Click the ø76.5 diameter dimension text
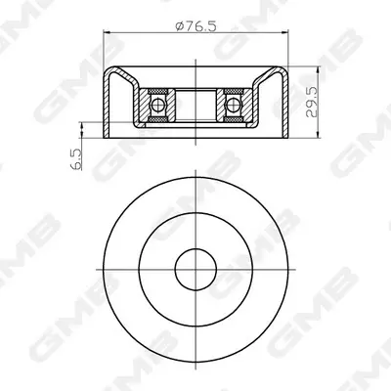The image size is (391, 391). pyautogui.click(x=195, y=26)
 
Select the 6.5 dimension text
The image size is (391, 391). pyautogui.click(x=75, y=159)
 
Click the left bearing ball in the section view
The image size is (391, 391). pyautogui.click(x=158, y=105)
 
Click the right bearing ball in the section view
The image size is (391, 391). pyautogui.click(x=233, y=105)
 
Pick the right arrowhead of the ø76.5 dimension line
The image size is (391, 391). pyautogui.click(x=284, y=32)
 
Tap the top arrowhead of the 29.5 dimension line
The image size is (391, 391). pyautogui.click(x=318, y=70)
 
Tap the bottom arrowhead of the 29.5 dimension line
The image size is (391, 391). pyautogui.click(x=318, y=134)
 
